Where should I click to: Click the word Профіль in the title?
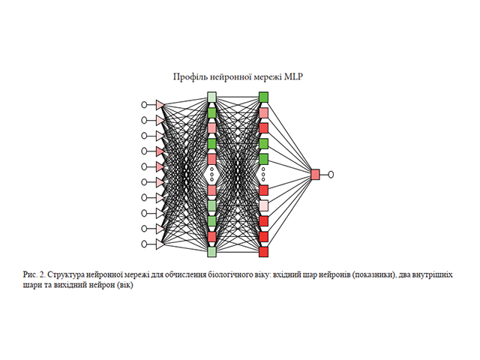coord(190,76)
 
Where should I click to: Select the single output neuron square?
coord(315,174)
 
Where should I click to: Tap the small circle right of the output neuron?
coord(331,174)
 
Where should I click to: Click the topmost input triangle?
coord(160,105)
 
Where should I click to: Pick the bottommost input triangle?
coord(160,244)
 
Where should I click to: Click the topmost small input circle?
coord(145,105)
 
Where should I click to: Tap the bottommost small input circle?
coord(145,244)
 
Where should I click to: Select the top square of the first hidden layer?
coord(211,97)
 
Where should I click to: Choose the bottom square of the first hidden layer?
coord(211,252)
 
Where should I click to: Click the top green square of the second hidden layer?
coord(263,97)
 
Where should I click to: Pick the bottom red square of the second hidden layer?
coord(263,252)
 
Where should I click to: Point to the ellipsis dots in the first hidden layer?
coord(211,175)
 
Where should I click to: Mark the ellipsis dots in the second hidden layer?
coord(263,175)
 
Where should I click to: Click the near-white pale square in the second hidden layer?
coord(263,205)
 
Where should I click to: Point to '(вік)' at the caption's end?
coord(123,285)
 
